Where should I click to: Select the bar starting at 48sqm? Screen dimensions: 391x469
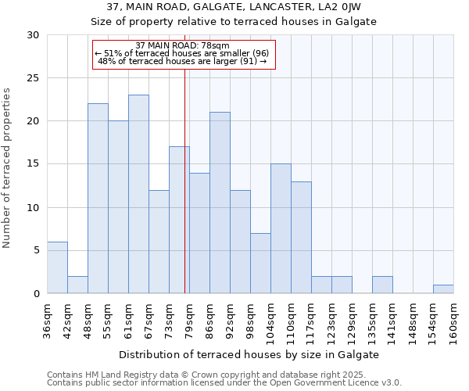(98, 199)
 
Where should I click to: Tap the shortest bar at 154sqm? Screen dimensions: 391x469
(443, 289)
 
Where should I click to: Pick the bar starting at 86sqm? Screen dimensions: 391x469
(220, 203)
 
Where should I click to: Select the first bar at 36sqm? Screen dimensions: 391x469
(57, 267)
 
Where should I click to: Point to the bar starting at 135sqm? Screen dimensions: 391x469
(382, 285)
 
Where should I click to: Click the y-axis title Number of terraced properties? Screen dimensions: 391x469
(8, 168)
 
